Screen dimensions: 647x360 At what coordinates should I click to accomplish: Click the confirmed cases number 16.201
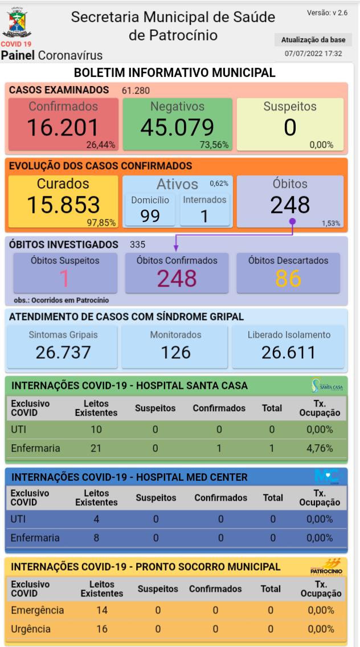(x=63, y=128)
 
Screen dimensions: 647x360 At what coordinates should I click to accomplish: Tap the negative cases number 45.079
(x=177, y=128)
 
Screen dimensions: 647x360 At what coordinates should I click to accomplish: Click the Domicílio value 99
(x=150, y=216)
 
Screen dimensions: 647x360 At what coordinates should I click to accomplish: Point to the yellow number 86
(x=288, y=278)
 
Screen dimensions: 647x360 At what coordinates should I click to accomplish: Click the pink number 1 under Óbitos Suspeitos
(x=64, y=278)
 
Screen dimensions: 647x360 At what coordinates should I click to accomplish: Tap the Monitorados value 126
(x=175, y=352)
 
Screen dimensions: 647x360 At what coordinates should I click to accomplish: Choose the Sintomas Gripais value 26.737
(x=63, y=352)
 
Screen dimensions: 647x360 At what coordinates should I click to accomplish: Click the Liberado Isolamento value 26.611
(x=288, y=352)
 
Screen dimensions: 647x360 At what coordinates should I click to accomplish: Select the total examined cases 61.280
(x=136, y=90)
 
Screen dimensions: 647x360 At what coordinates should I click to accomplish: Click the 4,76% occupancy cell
(x=320, y=448)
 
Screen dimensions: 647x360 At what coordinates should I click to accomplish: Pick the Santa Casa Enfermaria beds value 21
(x=96, y=448)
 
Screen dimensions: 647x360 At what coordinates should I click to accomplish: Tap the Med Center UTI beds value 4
(x=96, y=519)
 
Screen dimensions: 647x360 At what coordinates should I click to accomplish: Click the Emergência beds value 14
(x=101, y=611)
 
